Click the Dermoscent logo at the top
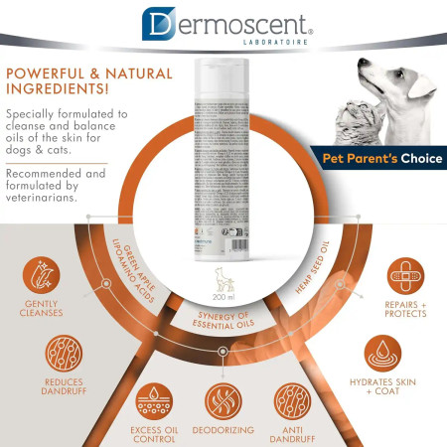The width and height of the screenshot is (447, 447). (226, 23)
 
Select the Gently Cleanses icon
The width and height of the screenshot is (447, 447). (42, 276)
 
